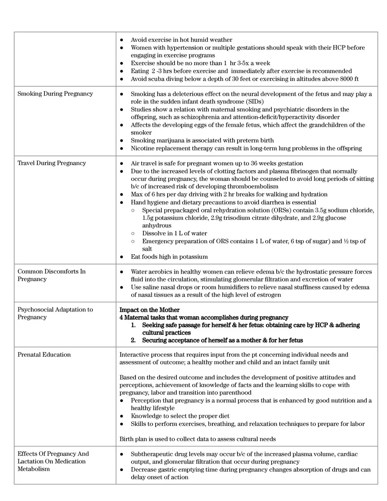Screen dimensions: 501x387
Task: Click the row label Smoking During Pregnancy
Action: (55, 94)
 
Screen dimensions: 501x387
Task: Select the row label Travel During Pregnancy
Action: (52, 163)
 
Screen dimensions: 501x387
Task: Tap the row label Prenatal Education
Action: (44, 355)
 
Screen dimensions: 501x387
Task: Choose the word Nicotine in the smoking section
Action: (143, 148)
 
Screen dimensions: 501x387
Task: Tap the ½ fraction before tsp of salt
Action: (336, 241)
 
